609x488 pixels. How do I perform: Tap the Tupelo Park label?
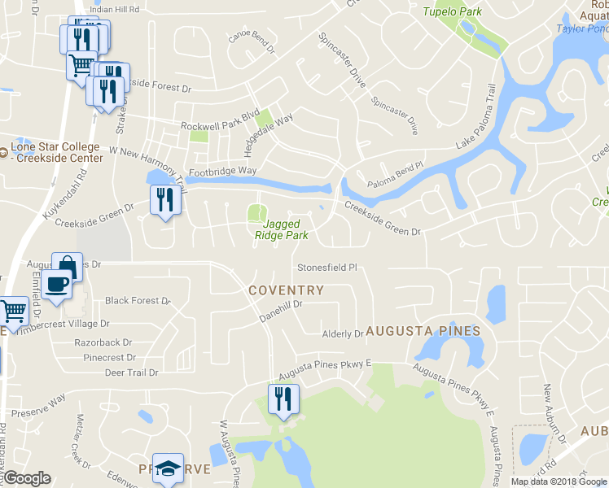453,11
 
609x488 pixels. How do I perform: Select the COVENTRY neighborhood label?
286,290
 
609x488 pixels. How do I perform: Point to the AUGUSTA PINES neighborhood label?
423,331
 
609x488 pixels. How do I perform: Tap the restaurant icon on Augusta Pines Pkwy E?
283,399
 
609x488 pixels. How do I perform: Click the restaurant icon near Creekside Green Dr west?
165,198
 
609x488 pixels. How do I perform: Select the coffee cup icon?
57,285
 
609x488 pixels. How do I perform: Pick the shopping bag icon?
67,266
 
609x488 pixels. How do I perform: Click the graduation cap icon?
169,468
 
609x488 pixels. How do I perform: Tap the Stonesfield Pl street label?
327,267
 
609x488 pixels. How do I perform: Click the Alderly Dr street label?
343,333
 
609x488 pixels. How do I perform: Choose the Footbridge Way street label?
223,172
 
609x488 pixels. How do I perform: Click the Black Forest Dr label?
137,301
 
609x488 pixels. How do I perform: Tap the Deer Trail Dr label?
131,373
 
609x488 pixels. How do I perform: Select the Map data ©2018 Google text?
559,481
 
